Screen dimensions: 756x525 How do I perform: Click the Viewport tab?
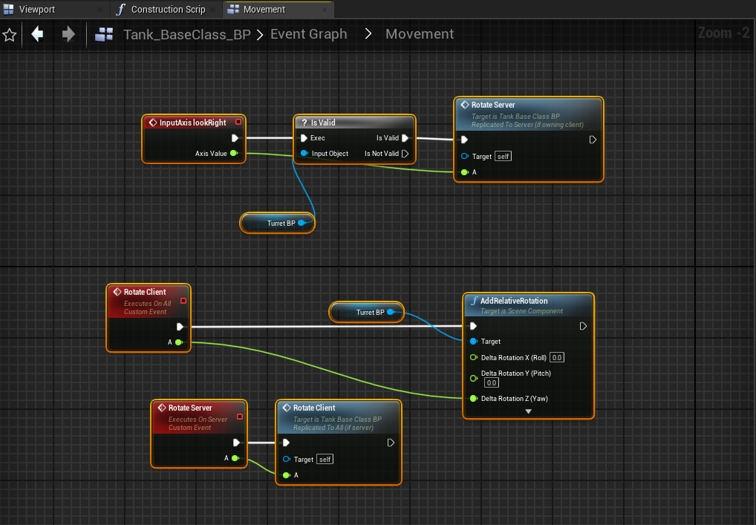(36, 9)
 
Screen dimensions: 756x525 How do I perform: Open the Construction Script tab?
(168, 9)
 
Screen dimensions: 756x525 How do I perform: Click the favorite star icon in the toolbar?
(10, 35)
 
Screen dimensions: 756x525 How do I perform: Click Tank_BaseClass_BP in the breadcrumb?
(186, 35)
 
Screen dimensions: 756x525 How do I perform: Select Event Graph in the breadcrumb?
(309, 34)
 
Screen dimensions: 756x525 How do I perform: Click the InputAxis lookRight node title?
(192, 123)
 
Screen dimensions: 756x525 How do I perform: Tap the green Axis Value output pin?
(234, 153)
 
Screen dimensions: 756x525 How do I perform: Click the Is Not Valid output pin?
(405, 153)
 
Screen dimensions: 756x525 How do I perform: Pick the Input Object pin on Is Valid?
(304, 153)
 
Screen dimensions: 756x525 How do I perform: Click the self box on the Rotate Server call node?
(503, 156)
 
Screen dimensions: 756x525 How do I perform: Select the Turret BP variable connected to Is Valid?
(277, 224)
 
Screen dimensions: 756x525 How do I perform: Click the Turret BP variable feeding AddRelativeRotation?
(366, 313)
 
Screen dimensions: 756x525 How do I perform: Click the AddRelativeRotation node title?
(513, 301)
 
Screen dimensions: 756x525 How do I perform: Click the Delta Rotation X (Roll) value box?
(557, 357)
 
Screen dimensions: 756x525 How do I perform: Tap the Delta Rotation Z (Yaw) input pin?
(474, 398)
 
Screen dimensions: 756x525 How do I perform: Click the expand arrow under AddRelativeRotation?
(529, 411)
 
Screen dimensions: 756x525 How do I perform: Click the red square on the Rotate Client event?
(183, 301)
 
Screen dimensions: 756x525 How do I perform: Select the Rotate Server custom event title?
(190, 408)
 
